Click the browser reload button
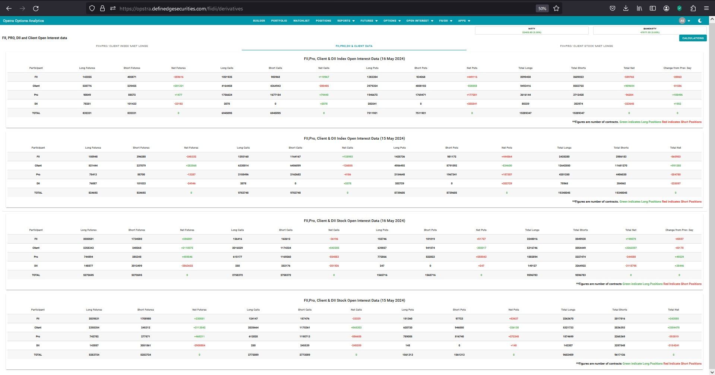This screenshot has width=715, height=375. pyautogui.click(x=36, y=8)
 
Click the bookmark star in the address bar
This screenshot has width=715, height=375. pyautogui.click(x=556, y=8)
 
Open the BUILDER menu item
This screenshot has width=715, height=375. pyautogui.click(x=259, y=21)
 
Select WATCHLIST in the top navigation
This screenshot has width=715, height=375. pyautogui.click(x=301, y=21)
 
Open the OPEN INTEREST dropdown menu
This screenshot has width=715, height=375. pyautogui.click(x=420, y=21)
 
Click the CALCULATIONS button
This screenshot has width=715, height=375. pyautogui.click(x=693, y=38)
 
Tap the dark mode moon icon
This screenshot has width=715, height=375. pyautogui.click(x=700, y=21)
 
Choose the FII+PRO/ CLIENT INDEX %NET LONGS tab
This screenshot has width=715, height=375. pyautogui.click(x=122, y=46)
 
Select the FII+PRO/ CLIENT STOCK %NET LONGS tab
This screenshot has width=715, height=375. pyautogui.click(x=586, y=46)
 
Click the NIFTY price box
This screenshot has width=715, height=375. pyautogui.click(x=531, y=31)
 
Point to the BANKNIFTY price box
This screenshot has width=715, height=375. pyautogui.click(x=649, y=31)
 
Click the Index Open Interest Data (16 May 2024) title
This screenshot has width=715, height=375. pyautogui.click(x=354, y=59)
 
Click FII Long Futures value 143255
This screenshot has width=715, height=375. pyautogui.click(x=87, y=77)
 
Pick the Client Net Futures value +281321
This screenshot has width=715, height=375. pyautogui.click(x=178, y=86)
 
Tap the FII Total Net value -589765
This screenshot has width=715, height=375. pyautogui.click(x=629, y=77)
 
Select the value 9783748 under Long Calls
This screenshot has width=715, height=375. pyautogui.click(x=243, y=193)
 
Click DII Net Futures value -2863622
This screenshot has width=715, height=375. pyautogui.click(x=187, y=266)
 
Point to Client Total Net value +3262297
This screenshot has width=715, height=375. pyautogui.click(x=630, y=248)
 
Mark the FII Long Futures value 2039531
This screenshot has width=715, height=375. pyautogui.click(x=94, y=319)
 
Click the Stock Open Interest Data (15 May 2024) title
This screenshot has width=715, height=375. pyautogui.click(x=354, y=301)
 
